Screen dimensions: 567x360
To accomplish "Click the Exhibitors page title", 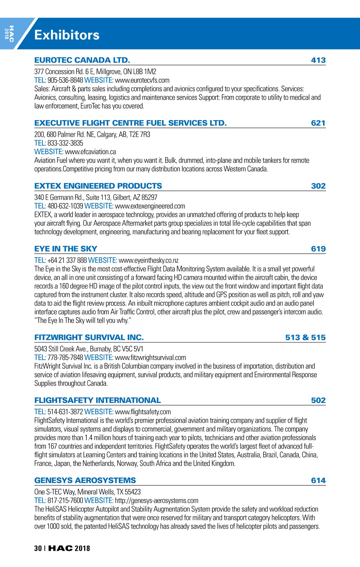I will pos(67,35).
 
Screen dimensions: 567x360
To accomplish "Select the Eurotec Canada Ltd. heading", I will pos(82,60).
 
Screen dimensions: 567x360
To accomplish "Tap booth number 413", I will pos(318,60).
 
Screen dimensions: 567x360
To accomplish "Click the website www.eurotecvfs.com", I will pos(142,80).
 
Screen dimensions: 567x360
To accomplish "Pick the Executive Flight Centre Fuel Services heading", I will pos(130,123).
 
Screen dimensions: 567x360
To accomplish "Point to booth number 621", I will pos(318,123).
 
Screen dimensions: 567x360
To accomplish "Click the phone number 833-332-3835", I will pos(65,143).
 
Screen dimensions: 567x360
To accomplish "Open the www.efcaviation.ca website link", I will pos(90,152).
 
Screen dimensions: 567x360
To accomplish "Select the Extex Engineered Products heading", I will pos(98,186).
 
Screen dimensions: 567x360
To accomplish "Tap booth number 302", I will pos(318,186).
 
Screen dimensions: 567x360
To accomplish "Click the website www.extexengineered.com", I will pos(150,206).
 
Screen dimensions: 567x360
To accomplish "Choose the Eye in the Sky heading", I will pos(66,249).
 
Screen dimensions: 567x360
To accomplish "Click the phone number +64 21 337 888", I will pos(67,260).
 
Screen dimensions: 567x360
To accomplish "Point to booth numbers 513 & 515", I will pos(305,337).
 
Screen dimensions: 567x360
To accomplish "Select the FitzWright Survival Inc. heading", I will pos(89,337).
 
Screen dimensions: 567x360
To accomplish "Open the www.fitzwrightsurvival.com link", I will pos(150,357).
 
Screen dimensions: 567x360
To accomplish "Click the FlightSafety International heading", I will pos(97,400).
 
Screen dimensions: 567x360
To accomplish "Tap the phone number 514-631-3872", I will pos(65,412).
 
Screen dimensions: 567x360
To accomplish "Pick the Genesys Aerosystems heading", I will pos(85,480).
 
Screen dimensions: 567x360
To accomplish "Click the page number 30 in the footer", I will pos(38,548).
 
